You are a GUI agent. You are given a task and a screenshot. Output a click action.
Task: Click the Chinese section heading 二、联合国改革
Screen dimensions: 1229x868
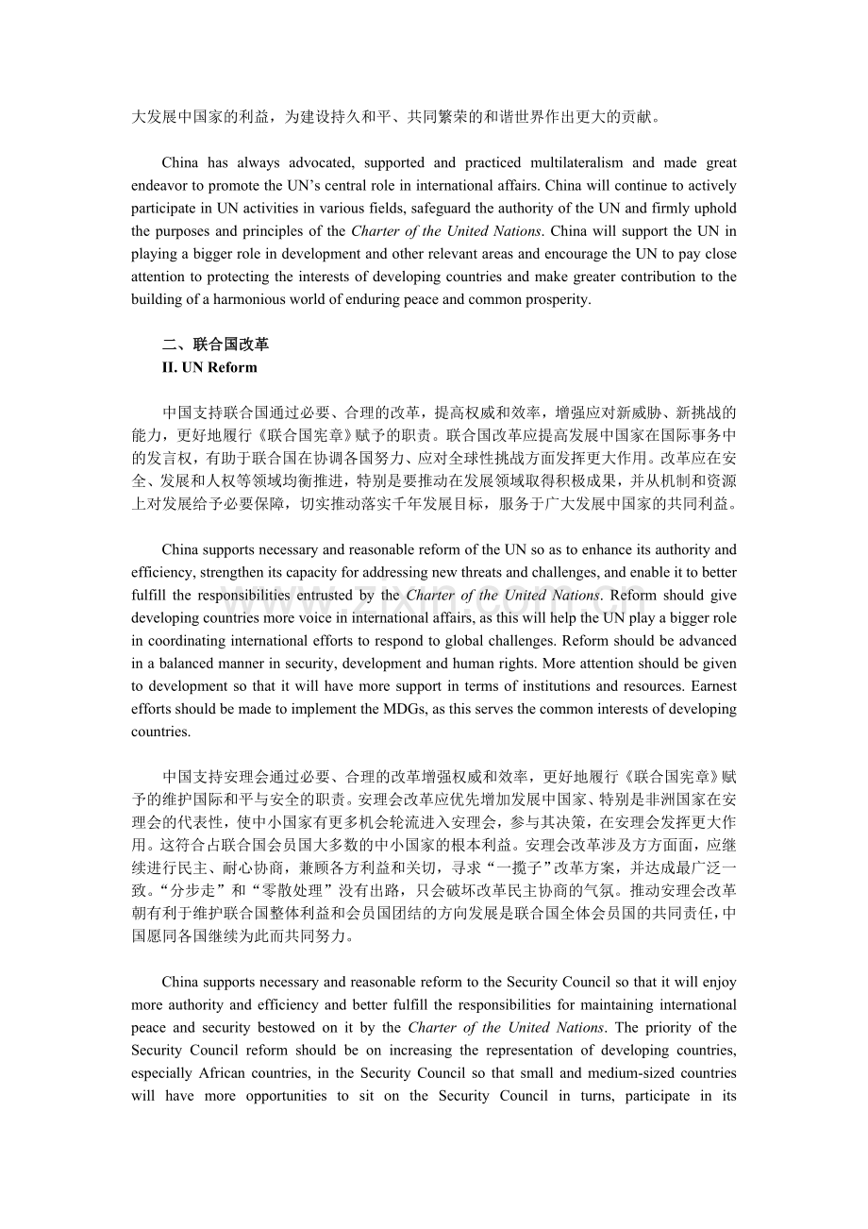coord(215,345)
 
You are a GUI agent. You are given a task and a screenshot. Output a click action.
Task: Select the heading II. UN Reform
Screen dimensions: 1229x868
coord(209,367)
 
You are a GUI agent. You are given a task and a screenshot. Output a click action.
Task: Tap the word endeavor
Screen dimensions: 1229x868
coord(160,185)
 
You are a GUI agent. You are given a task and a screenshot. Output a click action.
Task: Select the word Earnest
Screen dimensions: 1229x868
coord(714,686)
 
